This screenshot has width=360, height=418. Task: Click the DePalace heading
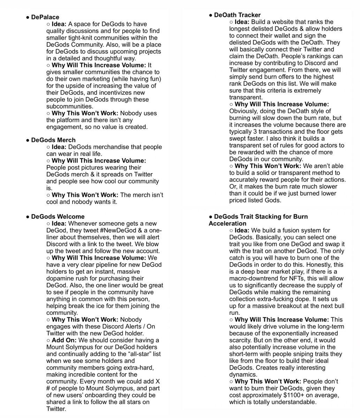coord(45,17)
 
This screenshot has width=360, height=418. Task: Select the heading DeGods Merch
coord(53,140)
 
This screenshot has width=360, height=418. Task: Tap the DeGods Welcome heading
coord(58,217)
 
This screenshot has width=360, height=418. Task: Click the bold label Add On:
coord(66,340)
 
